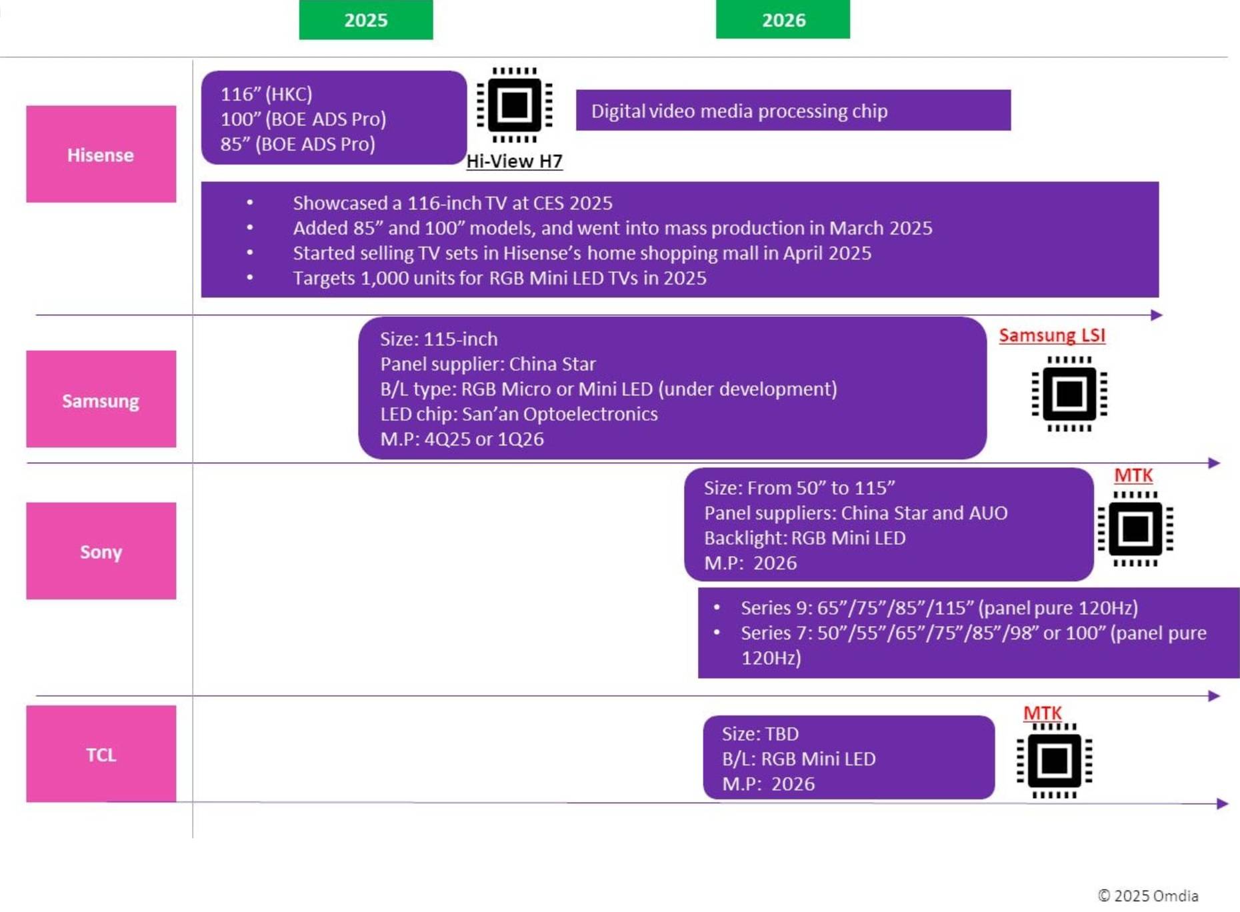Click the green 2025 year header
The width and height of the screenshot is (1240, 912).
[365, 20]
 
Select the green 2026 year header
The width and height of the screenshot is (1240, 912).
[783, 20]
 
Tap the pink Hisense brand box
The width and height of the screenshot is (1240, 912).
[101, 155]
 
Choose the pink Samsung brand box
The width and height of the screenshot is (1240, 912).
[101, 400]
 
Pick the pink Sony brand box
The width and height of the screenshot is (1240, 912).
[101, 551]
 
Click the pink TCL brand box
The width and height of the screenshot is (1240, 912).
[101, 754]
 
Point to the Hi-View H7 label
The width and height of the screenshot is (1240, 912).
[514, 161]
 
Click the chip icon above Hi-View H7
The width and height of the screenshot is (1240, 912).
[514, 105]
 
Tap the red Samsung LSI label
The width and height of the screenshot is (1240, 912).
[1051, 335]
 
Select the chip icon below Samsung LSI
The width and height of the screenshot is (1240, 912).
[1069, 394]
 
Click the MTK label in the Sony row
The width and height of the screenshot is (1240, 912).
[1133, 475]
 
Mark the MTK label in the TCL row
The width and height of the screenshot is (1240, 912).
[1042, 713]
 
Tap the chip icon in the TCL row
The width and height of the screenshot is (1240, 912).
[1054, 761]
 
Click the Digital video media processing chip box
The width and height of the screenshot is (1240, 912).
[793, 111]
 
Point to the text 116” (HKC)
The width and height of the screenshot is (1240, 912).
[267, 94]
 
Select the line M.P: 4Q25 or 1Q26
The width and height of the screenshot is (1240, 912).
[462, 439]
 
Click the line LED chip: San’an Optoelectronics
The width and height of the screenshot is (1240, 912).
[519, 414]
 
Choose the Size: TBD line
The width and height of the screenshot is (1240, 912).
[760, 734]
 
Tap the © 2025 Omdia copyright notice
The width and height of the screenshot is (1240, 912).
[1147, 895]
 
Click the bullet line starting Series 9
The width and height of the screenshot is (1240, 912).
[939, 608]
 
